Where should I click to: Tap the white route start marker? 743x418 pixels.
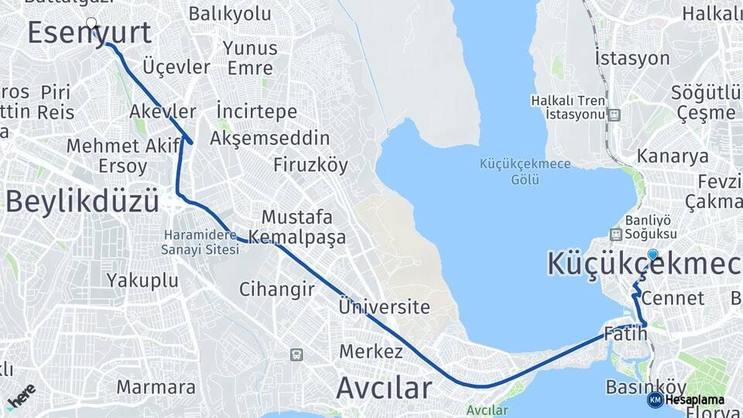pyautogui.click(x=91, y=23)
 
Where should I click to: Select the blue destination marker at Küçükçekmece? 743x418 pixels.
pyautogui.click(x=652, y=255)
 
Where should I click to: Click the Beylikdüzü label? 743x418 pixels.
pyautogui.click(x=82, y=201)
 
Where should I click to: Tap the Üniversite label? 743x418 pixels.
pyautogui.click(x=384, y=307)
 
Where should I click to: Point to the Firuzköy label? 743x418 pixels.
pyautogui.click(x=310, y=165)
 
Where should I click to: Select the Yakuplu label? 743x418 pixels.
pyautogui.click(x=142, y=280)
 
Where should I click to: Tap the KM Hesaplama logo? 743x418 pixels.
pyautogui.click(x=686, y=399)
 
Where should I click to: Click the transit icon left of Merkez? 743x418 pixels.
pyautogui.click(x=296, y=355)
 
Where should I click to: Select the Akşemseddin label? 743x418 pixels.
pyautogui.click(x=270, y=138)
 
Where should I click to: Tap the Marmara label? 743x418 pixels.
pyautogui.click(x=156, y=386)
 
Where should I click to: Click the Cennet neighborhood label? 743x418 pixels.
pyautogui.click(x=673, y=298)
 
